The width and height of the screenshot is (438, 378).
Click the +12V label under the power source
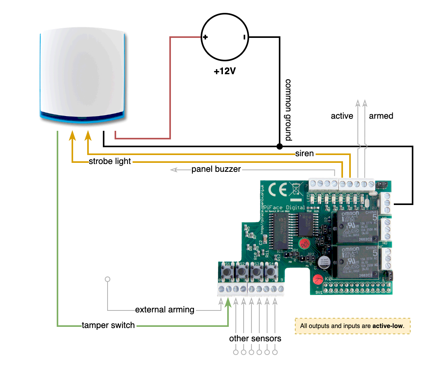(x=225, y=72)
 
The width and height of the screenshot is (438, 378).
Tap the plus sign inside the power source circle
(x=205, y=37)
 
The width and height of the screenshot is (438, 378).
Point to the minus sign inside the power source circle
(x=244, y=37)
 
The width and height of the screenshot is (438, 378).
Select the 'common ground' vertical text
(x=289, y=110)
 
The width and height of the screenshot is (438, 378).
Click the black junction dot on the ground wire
(x=279, y=146)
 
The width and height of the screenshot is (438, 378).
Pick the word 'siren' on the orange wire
(x=305, y=153)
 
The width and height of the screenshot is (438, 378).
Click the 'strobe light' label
(x=110, y=161)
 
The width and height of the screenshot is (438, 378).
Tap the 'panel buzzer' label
(x=216, y=169)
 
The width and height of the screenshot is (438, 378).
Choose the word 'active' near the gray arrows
(x=342, y=116)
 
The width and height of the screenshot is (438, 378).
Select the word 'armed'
(x=381, y=116)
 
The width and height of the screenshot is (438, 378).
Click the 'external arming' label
(x=165, y=310)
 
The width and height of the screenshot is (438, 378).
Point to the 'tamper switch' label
(x=108, y=325)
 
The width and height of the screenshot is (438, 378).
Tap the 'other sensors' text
(x=255, y=339)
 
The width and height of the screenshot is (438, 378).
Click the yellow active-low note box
(x=352, y=326)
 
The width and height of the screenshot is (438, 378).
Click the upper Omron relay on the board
(x=354, y=226)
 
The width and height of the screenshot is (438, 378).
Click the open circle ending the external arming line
(x=108, y=279)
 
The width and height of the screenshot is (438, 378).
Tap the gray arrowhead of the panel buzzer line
(x=173, y=169)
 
